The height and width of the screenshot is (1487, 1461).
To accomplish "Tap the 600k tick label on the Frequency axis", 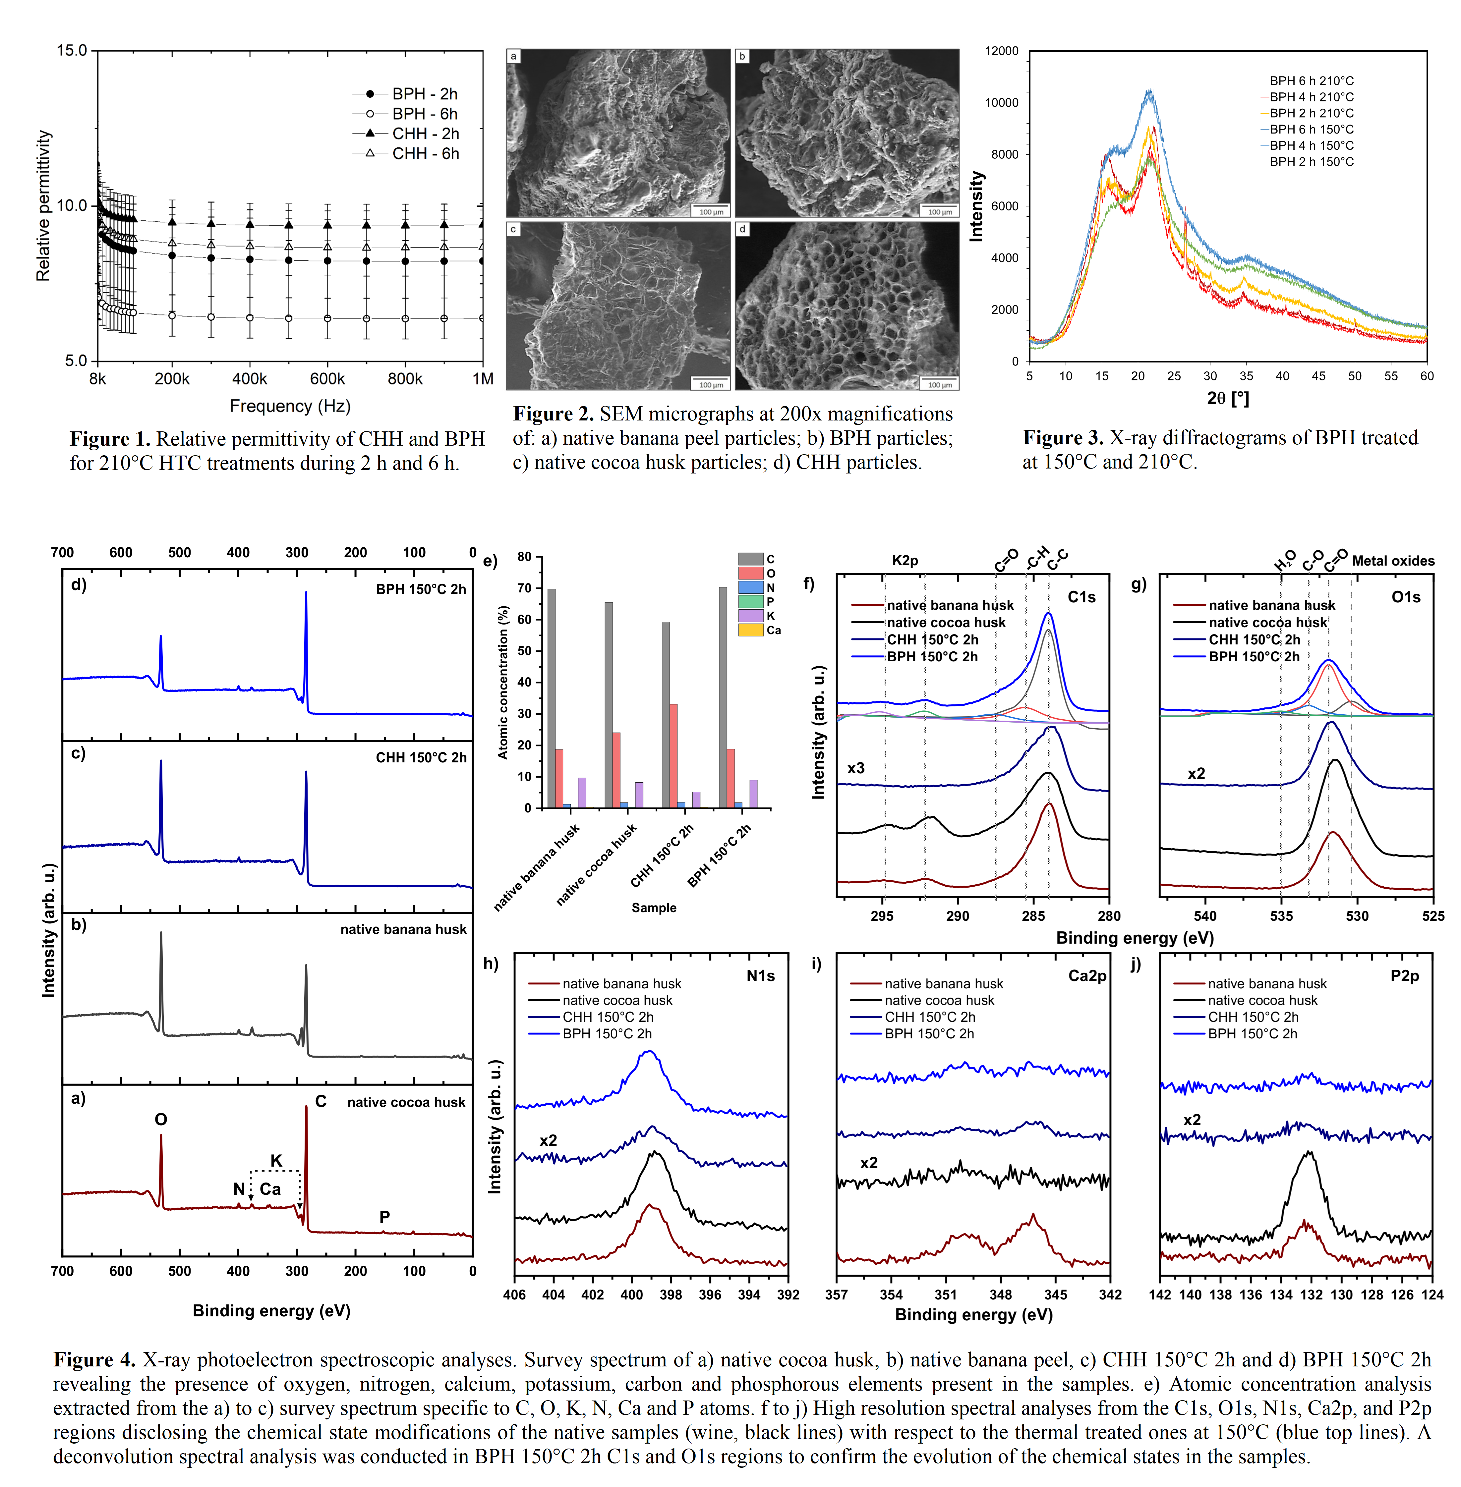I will pos(328,379).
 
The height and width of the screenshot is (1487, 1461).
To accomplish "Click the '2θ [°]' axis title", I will pos(1228,398).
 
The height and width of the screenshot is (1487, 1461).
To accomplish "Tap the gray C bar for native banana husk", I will pos(551,698).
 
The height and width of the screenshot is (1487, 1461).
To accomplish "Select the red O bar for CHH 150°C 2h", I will pos(673,755).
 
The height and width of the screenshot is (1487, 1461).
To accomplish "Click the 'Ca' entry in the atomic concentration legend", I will pos(774,631).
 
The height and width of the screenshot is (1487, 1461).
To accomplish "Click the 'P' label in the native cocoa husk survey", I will pos(384,1217).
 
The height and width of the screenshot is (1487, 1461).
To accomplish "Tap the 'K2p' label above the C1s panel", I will pos(905,561).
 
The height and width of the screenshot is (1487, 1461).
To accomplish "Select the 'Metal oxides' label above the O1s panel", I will pos(1393,561).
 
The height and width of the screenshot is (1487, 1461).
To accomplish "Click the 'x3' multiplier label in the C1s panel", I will pos(855,768).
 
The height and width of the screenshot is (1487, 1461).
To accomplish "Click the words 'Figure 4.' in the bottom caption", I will pos(94,1360).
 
